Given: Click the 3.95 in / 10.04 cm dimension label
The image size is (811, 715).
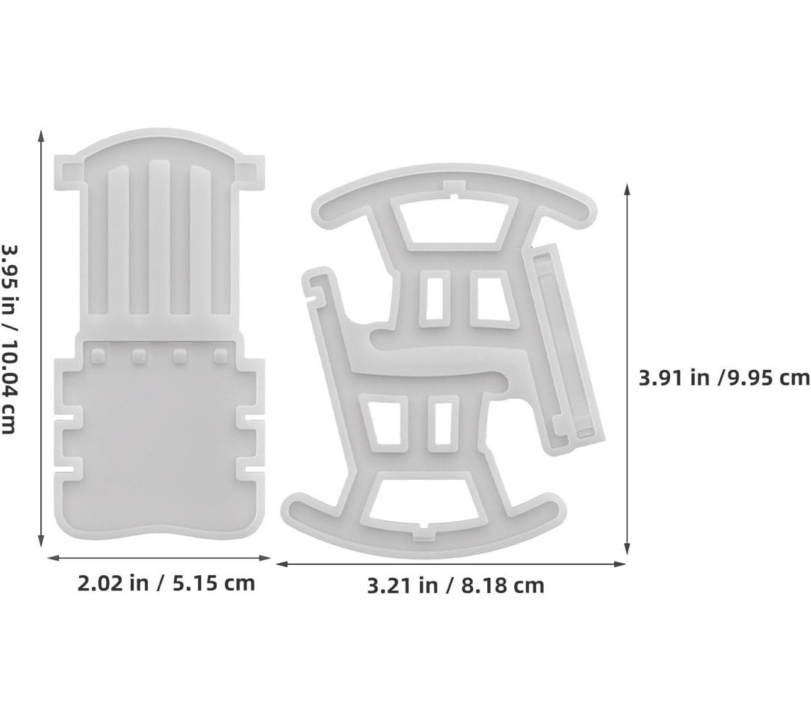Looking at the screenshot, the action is click(9, 339).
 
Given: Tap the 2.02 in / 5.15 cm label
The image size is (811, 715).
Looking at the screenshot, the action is click(166, 584).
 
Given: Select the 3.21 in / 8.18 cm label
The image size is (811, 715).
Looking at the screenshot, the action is click(456, 586).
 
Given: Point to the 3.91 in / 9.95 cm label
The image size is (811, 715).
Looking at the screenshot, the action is click(724, 378).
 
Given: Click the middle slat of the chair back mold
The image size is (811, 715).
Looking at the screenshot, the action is click(159, 238).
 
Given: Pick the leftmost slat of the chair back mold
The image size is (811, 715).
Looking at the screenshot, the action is click(118, 240).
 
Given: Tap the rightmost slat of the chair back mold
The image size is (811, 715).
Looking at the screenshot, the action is click(201, 240).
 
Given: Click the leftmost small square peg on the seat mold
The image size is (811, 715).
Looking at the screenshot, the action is click(99, 356).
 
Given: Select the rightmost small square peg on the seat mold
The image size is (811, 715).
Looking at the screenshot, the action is click(221, 356).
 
